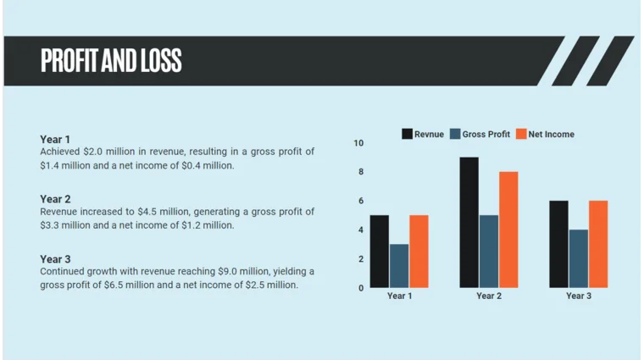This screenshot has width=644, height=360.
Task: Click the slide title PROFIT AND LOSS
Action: [111, 61]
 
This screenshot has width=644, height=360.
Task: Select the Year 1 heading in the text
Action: [55, 139]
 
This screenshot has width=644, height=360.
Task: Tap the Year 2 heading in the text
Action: [55, 199]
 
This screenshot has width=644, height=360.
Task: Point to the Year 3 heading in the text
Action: [55, 259]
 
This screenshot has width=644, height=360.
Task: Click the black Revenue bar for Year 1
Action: [379, 252]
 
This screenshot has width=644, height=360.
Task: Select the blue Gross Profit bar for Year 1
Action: [399, 266]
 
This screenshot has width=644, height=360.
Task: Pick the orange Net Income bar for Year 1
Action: [419, 252]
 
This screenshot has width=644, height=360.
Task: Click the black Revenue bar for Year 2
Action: [469, 223]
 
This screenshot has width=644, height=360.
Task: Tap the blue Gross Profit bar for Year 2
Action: [489, 252]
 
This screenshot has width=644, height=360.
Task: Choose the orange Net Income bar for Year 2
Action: [508, 230]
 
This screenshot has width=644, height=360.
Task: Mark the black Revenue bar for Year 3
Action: [558, 244]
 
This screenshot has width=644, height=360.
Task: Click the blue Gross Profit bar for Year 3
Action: [579, 258]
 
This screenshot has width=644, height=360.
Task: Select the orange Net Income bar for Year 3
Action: [598, 244]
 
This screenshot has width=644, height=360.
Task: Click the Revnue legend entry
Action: [423, 134]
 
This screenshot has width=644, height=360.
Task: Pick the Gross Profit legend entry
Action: [480, 134]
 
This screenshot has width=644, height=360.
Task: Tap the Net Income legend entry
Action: [546, 134]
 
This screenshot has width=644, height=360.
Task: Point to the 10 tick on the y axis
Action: [358, 143]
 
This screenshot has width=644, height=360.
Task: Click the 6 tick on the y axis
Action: [360, 201]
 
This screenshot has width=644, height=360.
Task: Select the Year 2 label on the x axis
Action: [489, 296]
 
